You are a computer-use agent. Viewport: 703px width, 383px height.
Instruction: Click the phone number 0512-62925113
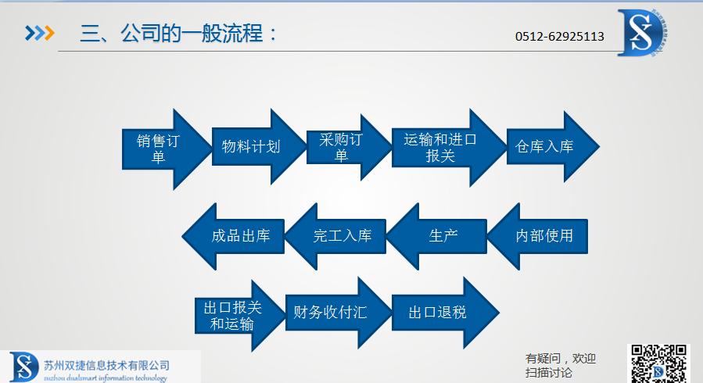coord(559,36)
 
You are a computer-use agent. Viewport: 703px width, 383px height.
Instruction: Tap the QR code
coord(660,363)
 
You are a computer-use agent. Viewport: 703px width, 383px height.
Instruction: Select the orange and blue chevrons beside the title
coord(39,33)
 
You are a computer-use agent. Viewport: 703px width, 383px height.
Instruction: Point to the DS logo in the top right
coord(646,32)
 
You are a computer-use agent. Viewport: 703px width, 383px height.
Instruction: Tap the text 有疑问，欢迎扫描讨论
coord(561,365)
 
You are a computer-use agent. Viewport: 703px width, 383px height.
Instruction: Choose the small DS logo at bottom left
coord(23,367)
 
